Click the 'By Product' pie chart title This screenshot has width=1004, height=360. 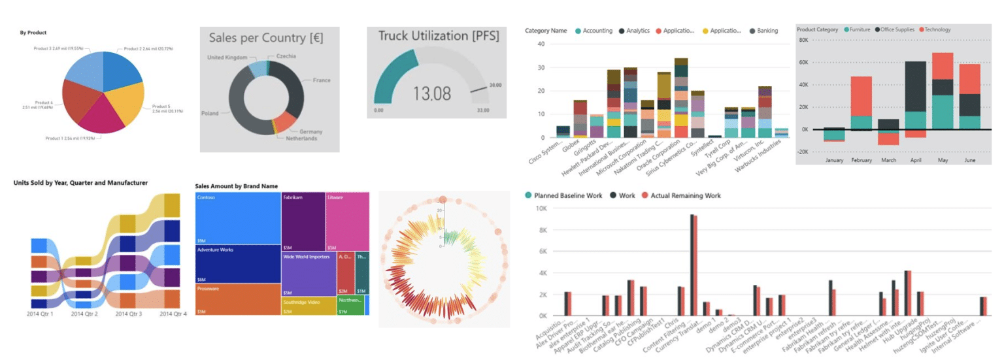point(33,32)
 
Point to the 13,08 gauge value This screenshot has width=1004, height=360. point(431,93)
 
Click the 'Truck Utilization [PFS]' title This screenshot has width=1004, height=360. point(435,36)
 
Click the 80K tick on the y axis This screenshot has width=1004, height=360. point(803,40)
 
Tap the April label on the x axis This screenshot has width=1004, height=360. point(915,160)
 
